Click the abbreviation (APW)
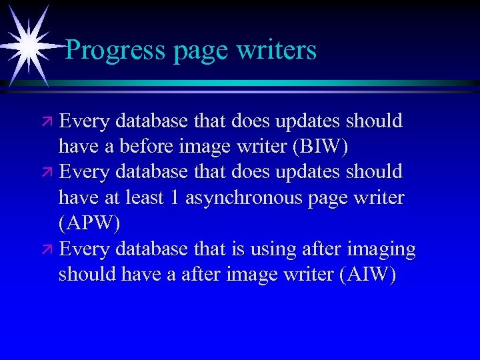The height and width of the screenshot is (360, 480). coord(89,223)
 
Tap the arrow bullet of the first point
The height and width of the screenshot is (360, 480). coord(47,121)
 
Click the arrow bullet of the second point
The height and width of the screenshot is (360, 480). coord(47,172)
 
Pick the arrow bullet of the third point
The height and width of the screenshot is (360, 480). coord(47,250)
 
